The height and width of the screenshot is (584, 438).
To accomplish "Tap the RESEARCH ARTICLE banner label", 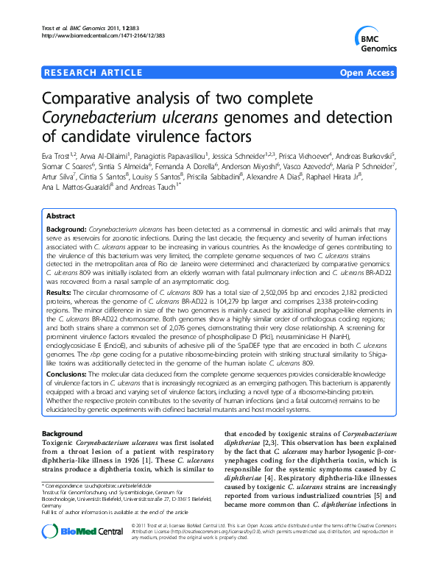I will (x=93, y=73).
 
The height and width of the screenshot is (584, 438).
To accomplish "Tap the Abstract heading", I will (x=60, y=216).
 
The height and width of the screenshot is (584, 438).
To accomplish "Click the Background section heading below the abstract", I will (x=63, y=434).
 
